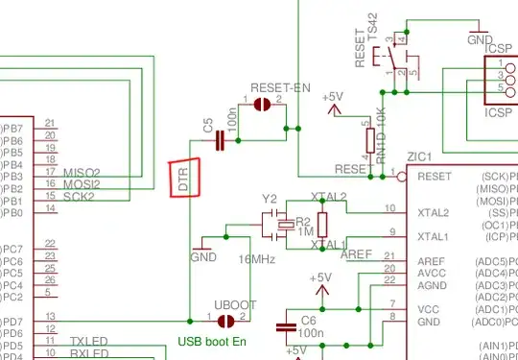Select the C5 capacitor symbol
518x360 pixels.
click(221, 141)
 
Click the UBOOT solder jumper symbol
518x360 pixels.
click(227, 321)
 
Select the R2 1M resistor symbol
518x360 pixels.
click(321, 225)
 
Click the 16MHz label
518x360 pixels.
click(256, 259)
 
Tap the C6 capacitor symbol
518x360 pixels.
click(286, 327)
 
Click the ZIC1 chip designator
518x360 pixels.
click(419, 156)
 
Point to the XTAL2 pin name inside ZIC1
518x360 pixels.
click(434, 213)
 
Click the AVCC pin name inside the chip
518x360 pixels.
click(432, 273)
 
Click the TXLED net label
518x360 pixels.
click(90, 342)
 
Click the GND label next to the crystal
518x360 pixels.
click(202, 257)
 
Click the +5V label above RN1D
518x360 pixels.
click(332, 96)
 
